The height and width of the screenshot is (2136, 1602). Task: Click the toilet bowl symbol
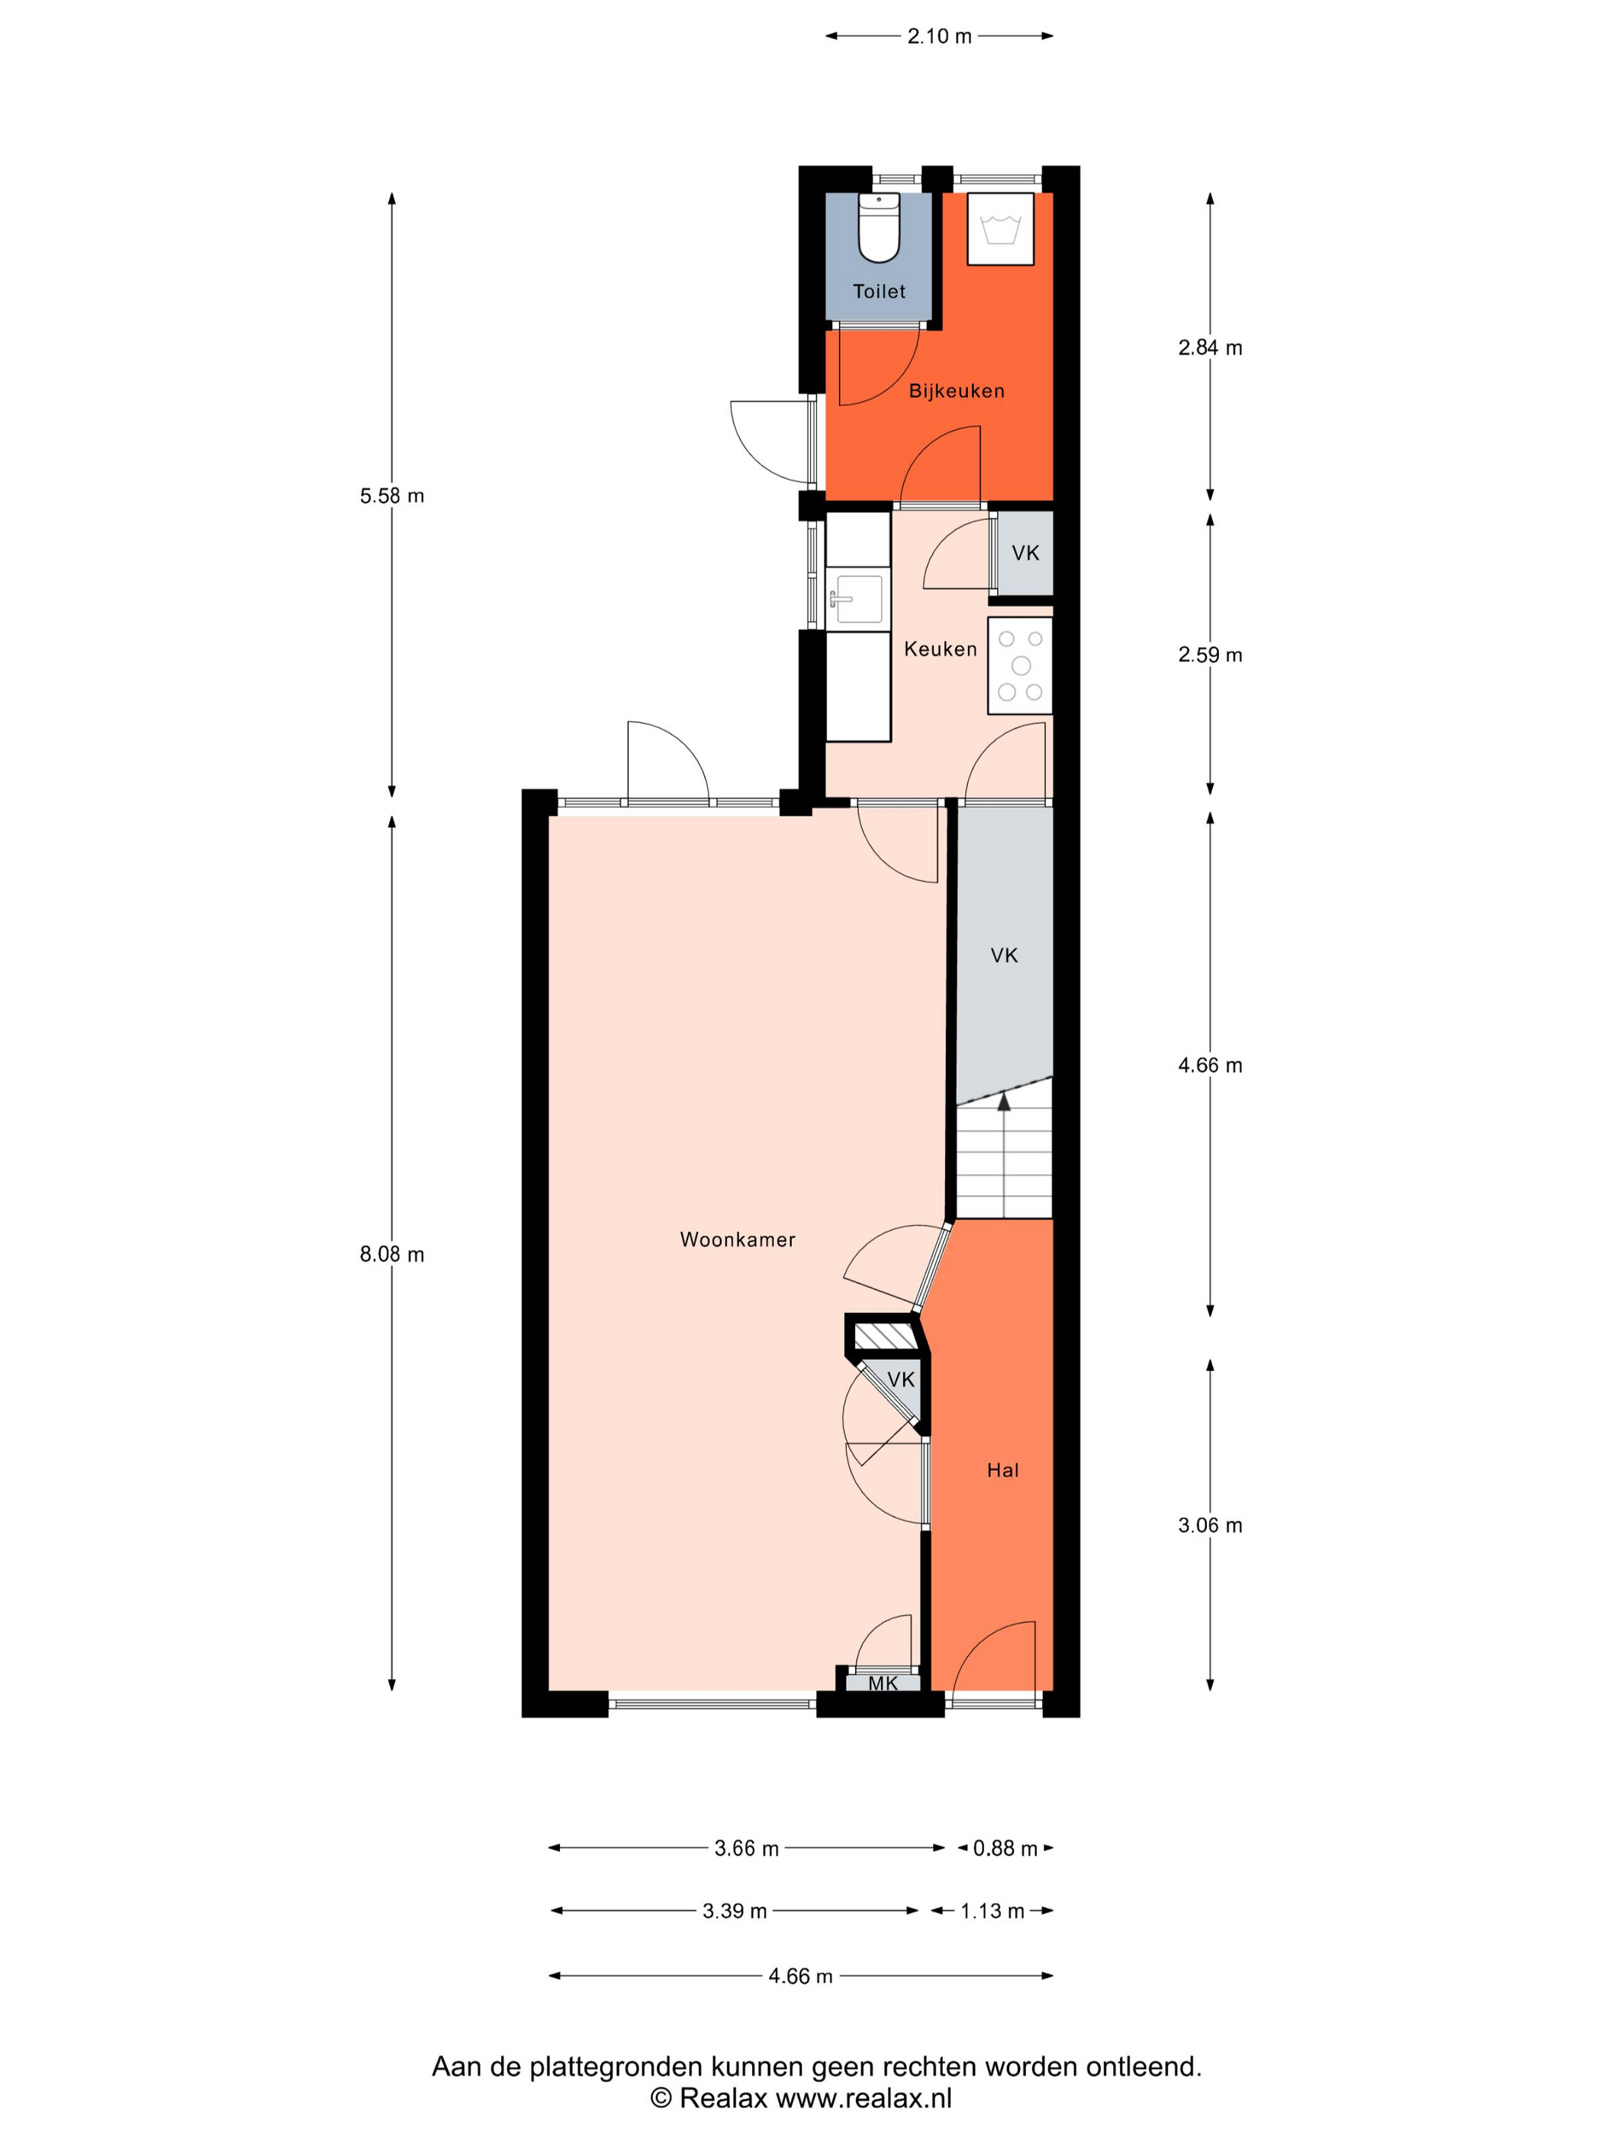coord(879,228)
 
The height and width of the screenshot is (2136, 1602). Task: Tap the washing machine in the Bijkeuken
coord(1000,229)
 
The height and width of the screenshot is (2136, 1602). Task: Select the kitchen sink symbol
coord(857,600)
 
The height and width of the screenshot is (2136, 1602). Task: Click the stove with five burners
coord(1020,666)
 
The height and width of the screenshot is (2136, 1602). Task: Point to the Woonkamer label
coord(738,1240)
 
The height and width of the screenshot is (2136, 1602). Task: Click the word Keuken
coord(941,649)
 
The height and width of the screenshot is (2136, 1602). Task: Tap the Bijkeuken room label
coord(957,391)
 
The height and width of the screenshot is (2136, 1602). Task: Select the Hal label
coord(1003,1471)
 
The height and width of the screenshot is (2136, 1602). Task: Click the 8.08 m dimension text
coord(392,1254)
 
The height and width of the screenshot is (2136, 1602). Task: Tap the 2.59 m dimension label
coord(1210,655)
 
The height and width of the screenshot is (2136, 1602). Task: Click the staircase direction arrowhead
coord(1004,1101)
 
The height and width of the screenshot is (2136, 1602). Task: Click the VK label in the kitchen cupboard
coord(1025,553)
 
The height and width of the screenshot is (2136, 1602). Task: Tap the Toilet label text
coord(879,291)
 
